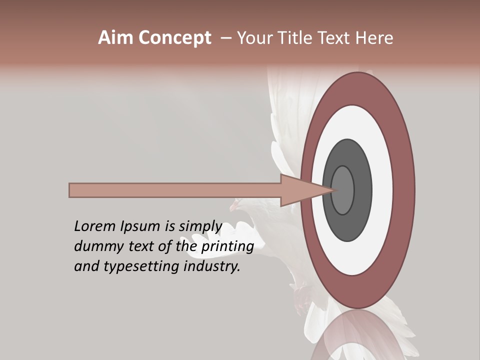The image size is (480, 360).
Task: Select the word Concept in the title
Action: (x=174, y=38)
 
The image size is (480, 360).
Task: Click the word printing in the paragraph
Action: (x=226, y=246)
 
